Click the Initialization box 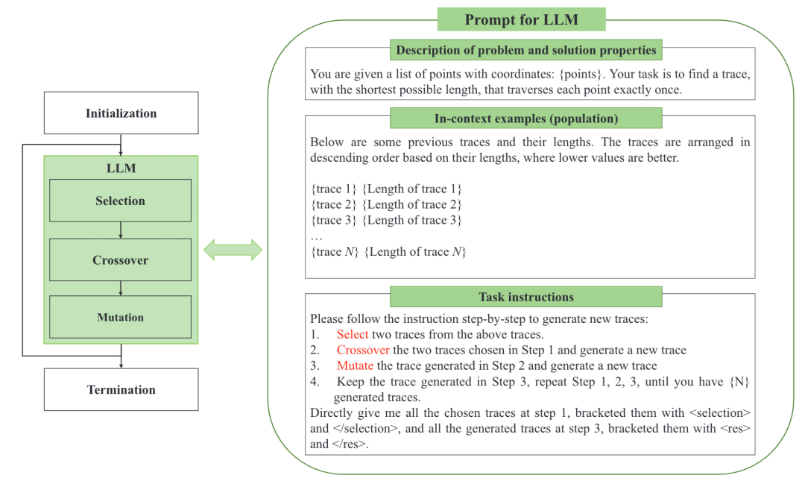(x=121, y=113)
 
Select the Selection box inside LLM (x=121, y=201)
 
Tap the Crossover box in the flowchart (x=121, y=260)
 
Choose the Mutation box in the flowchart (x=121, y=317)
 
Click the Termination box (x=121, y=389)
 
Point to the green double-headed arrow (x=233, y=250)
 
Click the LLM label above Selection (x=121, y=168)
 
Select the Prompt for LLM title (x=521, y=19)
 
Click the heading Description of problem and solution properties (x=526, y=51)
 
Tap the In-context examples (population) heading (x=526, y=119)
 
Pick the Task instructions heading (x=526, y=297)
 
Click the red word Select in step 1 (x=353, y=334)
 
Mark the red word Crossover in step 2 (x=363, y=350)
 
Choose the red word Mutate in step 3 (x=355, y=365)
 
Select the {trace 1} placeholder (x=333, y=189)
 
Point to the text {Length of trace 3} (x=411, y=220)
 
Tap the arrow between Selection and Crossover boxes (x=121, y=230)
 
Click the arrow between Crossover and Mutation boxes (x=121, y=289)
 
